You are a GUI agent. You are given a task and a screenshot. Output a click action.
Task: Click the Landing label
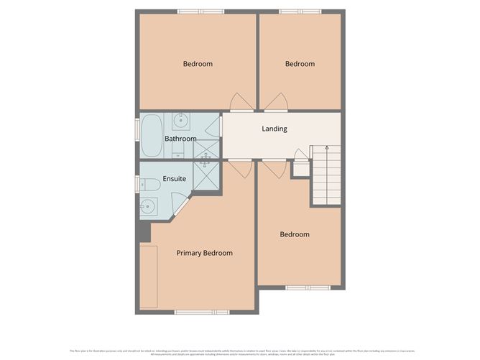pos(274,129)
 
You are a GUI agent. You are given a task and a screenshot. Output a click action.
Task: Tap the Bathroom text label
pos(180,139)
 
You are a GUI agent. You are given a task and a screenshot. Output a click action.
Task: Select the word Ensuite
pos(175,178)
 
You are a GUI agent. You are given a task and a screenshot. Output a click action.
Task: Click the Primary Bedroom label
pos(205,253)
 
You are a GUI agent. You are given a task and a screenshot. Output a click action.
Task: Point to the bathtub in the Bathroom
pos(152,135)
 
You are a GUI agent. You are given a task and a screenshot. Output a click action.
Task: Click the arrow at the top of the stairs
pos(326,148)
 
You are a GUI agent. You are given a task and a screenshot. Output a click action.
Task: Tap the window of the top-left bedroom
pos(200,11)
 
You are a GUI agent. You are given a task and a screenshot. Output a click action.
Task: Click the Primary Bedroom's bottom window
pos(202,312)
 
